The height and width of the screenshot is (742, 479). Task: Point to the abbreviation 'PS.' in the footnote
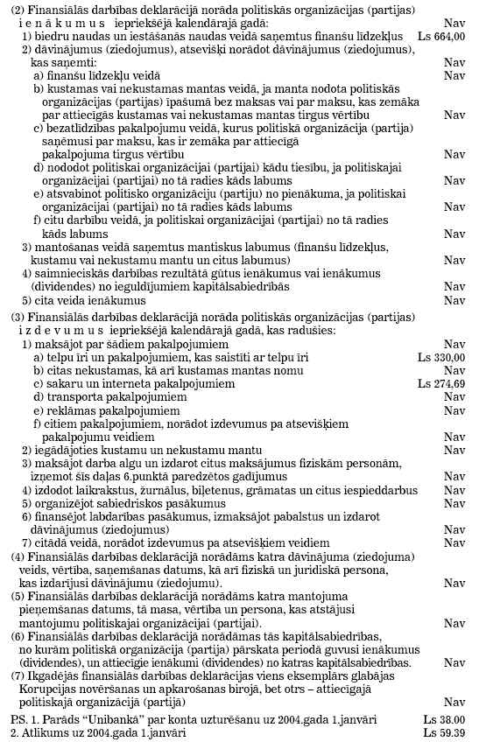(x=15, y=718)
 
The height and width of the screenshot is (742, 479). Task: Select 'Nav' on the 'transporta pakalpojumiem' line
(x=454, y=396)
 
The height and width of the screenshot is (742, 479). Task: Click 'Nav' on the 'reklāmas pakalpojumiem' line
(x=454, y=409)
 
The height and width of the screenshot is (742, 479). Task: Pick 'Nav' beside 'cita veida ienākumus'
(x=454, y=300)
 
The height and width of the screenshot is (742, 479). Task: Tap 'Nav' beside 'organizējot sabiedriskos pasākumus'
(x=454, y=503)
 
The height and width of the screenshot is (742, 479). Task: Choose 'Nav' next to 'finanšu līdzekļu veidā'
(x=454, y=75)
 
